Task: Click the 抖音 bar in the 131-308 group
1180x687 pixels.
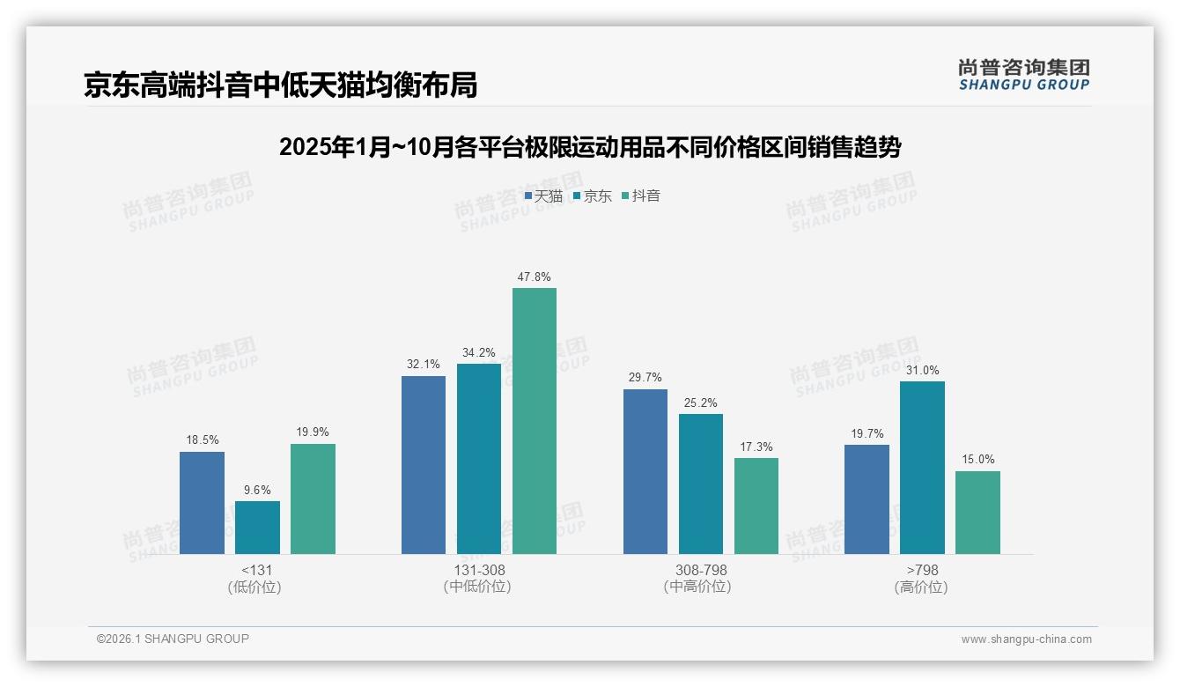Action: coord(535,421)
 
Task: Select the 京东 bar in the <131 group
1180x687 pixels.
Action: coord(257,528)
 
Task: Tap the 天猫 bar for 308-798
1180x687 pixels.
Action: coord(645,471)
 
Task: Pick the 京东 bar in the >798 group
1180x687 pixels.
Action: coord(922,468)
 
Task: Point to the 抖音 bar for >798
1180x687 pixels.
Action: coord(977,513)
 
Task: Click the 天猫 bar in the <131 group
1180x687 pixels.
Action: coord(202,503)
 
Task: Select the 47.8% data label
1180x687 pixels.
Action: coord(535,277)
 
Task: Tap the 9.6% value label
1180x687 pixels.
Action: coord(257,490)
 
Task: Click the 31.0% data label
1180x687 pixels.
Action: coord(922,370)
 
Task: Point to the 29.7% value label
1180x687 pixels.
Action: coord(645,378)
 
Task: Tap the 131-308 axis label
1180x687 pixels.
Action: coord(479,570)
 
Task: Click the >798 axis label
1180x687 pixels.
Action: coord(922,570)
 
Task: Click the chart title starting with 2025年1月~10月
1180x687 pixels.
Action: coord(590,147)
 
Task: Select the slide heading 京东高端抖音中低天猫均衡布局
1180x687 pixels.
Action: coord(280,85)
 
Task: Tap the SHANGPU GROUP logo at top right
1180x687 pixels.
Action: coord(1023,75)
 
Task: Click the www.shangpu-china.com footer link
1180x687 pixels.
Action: coord(1026,639)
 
